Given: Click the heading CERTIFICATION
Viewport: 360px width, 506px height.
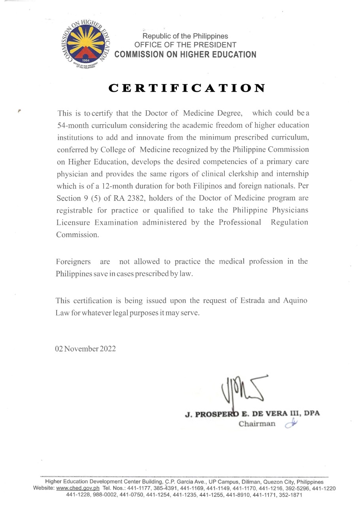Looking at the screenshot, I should (x=187, y=88).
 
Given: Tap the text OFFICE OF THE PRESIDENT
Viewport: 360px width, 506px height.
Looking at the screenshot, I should (x=185, y=45).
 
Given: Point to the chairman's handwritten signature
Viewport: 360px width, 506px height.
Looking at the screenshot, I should (x=242, y=391).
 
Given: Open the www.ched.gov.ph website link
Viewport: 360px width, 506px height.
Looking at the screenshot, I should (x=78, y=488).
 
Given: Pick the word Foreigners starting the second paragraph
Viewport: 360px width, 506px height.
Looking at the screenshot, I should (x=73, y=261).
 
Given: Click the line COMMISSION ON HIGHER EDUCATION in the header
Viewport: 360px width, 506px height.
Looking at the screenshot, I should (x=185, y=55).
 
